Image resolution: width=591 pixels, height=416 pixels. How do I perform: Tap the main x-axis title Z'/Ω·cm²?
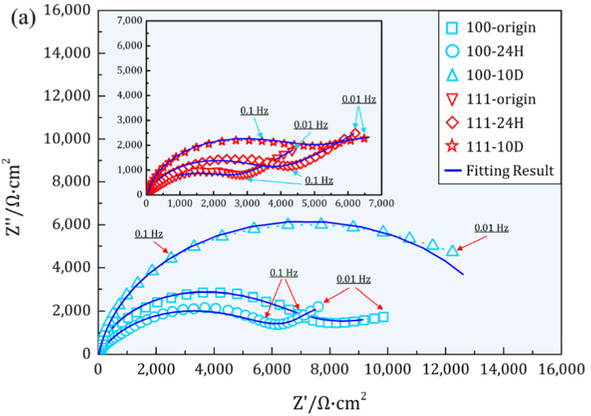(329, 400)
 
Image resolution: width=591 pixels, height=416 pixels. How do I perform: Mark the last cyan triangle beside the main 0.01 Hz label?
(452, 251)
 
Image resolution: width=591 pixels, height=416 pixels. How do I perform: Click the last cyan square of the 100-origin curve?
(383, 317)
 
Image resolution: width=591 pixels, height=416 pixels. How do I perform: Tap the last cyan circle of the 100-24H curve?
(318, 307)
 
